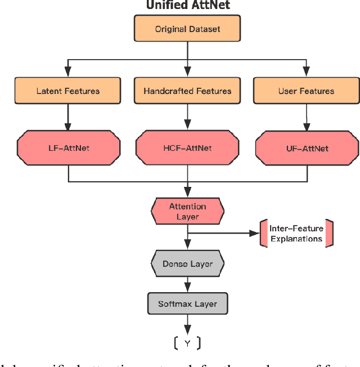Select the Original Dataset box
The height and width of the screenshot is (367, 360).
(187, 28)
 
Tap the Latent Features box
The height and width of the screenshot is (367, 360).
(68, 91)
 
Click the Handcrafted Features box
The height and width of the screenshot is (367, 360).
(187, 91)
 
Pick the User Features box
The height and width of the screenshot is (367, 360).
(306, 91)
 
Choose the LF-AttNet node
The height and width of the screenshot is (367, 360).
(68, 148)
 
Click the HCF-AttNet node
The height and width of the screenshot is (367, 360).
(187, 148)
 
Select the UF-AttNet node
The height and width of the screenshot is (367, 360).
(306, 148)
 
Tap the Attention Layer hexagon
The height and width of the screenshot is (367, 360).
(187, 212)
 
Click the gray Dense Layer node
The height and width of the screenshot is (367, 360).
(187, 263)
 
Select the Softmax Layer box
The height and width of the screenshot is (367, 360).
(187, 304)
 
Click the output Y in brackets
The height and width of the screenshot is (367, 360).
(187, 343)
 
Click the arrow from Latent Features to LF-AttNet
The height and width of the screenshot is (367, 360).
(68, 118)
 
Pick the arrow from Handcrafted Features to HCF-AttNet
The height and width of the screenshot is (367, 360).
(187, 118)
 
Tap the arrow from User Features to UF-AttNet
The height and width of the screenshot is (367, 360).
(306, 118)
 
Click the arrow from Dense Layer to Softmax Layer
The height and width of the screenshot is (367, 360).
(187, 284)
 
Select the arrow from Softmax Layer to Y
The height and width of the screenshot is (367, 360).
(187, 325)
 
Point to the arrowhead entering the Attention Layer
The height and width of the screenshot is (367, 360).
(187, 193)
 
